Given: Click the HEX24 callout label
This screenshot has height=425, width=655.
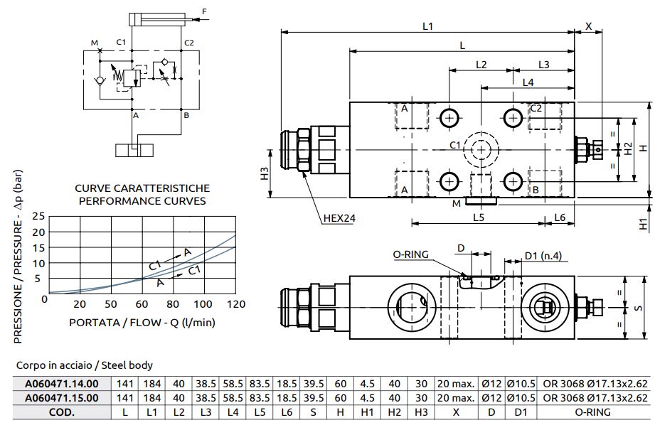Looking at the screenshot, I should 339,217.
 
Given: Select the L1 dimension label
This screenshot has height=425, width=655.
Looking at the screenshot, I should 427,26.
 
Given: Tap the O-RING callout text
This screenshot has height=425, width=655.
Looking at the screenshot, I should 410,254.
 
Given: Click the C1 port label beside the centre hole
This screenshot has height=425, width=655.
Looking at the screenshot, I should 455,145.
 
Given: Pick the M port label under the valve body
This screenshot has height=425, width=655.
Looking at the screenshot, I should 457,204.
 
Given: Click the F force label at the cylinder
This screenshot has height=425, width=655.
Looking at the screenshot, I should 205,11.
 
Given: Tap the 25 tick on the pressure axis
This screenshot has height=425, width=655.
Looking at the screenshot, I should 39,216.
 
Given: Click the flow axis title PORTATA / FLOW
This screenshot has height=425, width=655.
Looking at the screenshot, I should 142,322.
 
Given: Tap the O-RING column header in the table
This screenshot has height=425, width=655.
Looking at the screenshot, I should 595,411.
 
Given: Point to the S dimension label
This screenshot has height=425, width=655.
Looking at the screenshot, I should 638,308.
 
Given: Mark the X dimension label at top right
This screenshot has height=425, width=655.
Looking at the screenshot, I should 588,26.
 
